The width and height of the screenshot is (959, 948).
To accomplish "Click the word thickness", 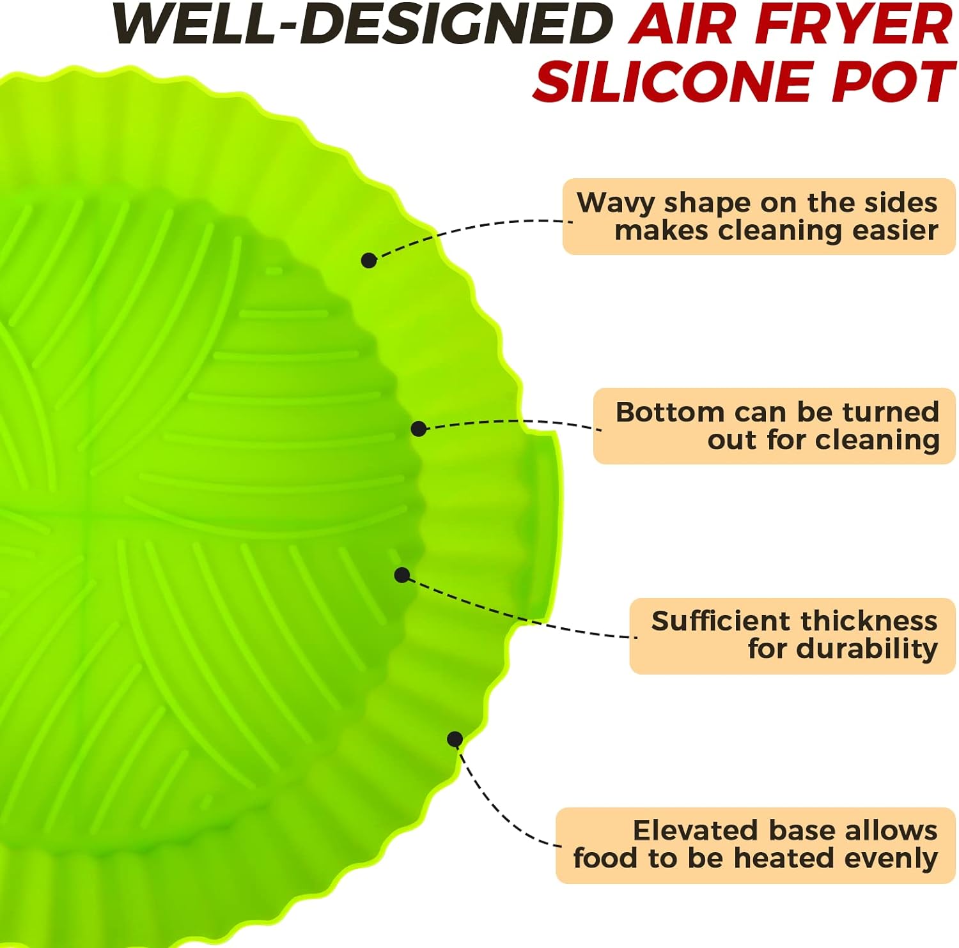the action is pyautogui.click(x=868, y=621).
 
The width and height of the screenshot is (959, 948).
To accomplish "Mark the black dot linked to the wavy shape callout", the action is pyautogui.click(x=369, y=260).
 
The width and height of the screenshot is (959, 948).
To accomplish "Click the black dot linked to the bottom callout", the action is pyautogui.click(x=419, y=428).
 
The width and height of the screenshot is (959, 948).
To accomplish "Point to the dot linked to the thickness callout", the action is pyautogui.click(x=402, y=575).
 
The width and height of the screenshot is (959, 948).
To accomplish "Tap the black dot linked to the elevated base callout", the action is pyautogui.click(x=455, y=739).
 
